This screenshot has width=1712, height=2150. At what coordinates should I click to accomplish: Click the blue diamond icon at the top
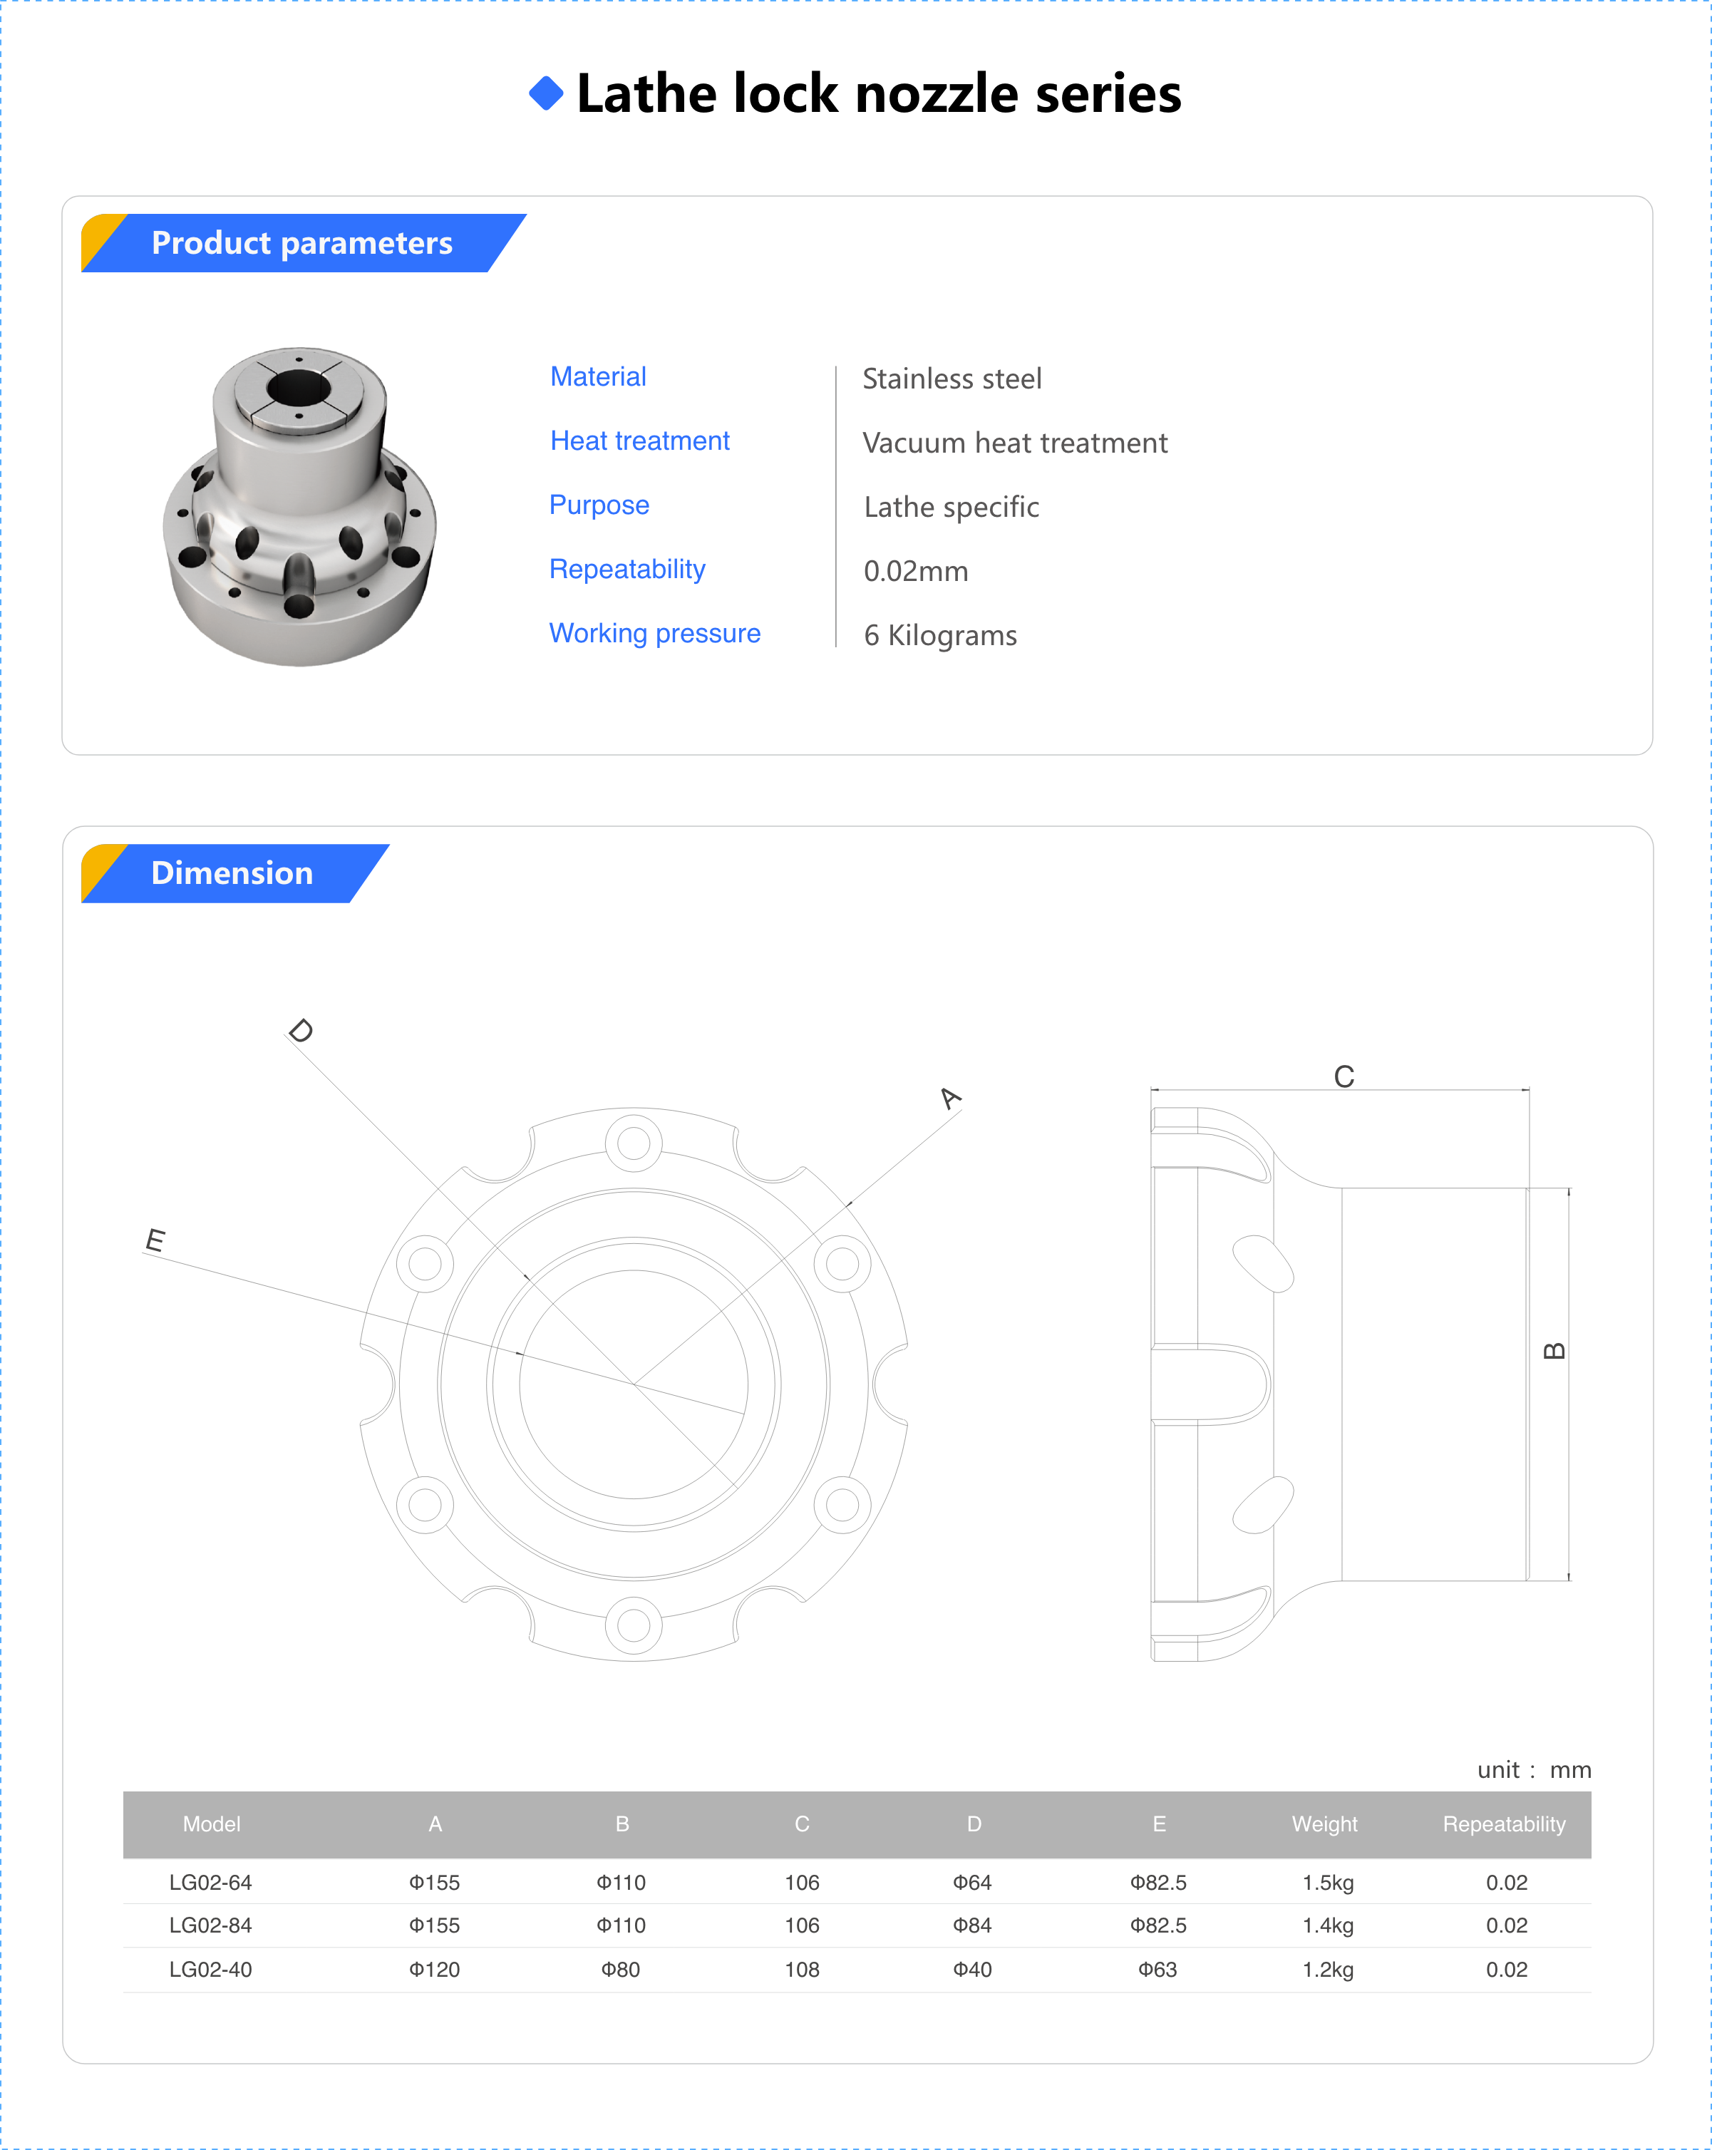(x=547, y=93)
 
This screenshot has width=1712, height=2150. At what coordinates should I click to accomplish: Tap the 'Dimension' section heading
(x=232, y=873)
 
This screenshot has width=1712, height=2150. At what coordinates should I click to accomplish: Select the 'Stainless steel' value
(x=952, y=379)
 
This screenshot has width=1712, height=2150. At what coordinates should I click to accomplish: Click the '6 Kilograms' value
(x=939, y=635)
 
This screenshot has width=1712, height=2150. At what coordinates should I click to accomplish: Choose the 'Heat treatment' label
(x=639, y=441)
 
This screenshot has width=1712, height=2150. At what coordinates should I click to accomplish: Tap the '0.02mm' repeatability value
(x=915, y=572)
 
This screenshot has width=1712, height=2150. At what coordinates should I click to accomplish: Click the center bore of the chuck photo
(x=297, y=388)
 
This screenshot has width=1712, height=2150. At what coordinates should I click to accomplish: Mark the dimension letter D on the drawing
(x=300, y=1030)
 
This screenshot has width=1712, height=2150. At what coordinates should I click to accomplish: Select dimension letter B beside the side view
(x=1554, y=1351)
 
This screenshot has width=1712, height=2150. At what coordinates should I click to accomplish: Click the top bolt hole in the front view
(x=633, y=1143)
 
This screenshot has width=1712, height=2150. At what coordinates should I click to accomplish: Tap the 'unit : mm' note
(x=1534, y=1770)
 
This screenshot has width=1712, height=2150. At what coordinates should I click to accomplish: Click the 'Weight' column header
(x=1324, y=1824)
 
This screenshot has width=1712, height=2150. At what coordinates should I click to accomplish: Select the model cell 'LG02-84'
(x=210, y=1925)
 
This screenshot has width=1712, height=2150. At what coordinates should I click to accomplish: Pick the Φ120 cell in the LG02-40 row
(x=434, y=1970)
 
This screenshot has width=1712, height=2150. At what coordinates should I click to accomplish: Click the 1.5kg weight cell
(x=1327, y=1883)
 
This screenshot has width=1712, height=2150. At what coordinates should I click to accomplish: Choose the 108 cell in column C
(x=802, y=1970)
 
